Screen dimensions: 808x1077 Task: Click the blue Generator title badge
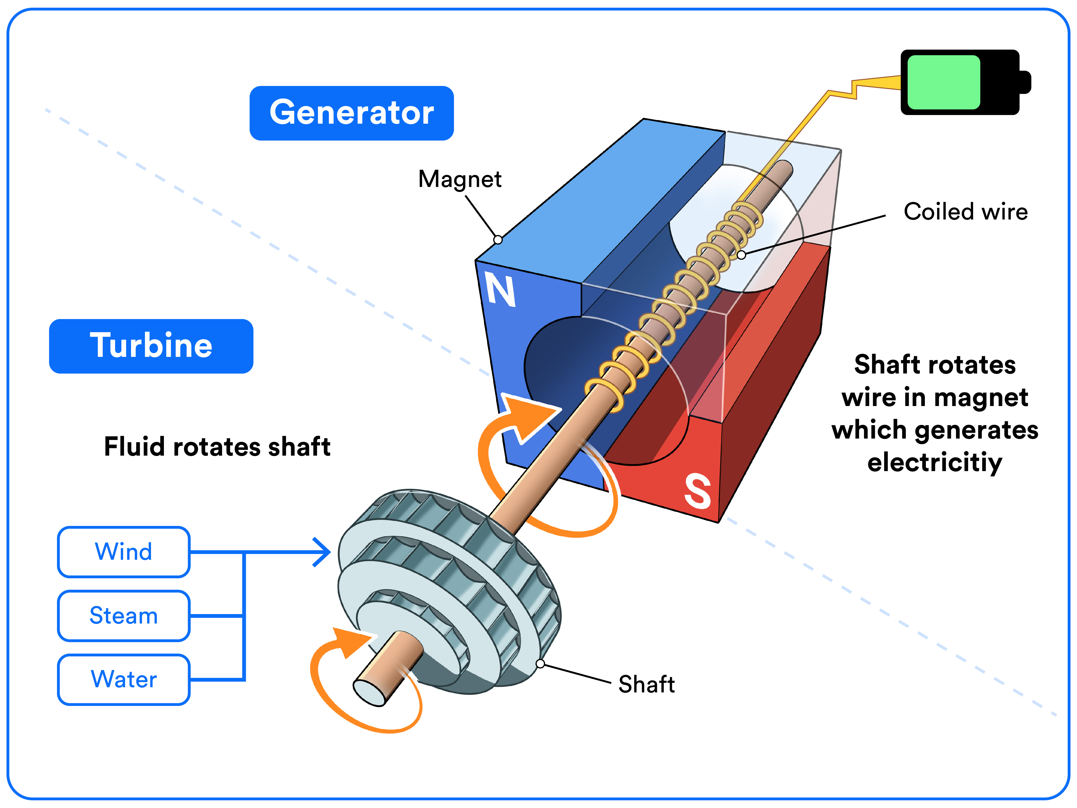(352, 113)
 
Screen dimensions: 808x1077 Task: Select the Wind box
(124, 552)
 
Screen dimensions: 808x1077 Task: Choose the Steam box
(124, 616)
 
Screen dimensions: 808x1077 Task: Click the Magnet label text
(460, 179)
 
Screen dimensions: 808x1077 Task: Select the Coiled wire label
(965, 212)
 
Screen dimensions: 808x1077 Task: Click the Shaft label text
(646, 684)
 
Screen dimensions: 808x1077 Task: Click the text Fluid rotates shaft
(217, 447)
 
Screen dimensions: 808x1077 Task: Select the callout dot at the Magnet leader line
(498, 240)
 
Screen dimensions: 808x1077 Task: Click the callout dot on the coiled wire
(741, 255)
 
